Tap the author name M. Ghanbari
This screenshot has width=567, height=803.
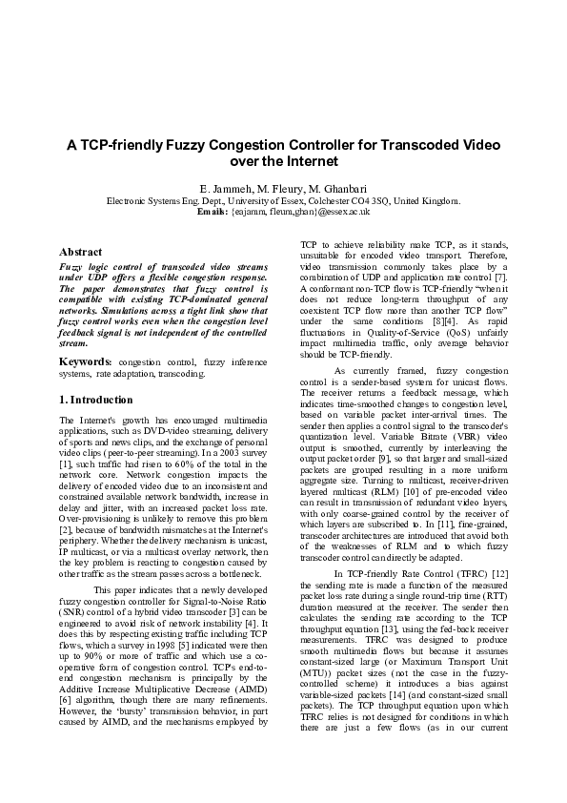coord(337,187)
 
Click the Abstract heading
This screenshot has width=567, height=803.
coord(81,252)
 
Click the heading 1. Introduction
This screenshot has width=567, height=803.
coord(94,399)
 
